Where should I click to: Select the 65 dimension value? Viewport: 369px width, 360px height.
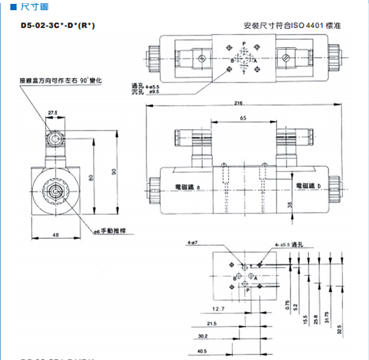[x=243, y=119]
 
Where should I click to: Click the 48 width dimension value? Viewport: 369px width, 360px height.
[x=55, y=235]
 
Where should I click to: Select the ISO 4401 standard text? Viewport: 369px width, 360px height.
[x=292, y=26]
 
